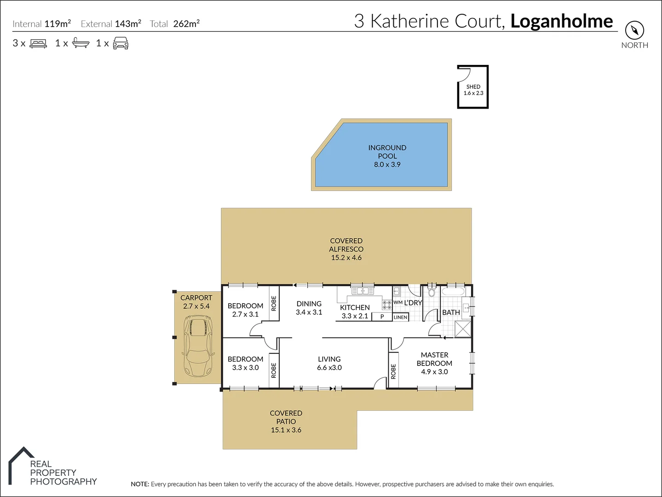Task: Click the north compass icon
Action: (634, 31)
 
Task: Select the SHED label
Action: (473, 87)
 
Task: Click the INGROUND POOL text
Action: (387, 152)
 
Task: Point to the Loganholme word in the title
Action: (561, 21)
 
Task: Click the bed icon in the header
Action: (38, 43)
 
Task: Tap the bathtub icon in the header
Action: (81, 43)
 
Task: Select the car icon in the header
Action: (121, 43)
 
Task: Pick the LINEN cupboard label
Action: (400, 318)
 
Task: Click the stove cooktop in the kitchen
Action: (386, 304)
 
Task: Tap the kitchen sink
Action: (363, 291)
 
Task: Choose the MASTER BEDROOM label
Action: (434, 359)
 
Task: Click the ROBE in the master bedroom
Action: (393, 371)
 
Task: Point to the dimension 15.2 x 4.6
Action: (346, 258)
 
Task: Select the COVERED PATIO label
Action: (286, 417)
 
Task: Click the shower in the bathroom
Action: (462, 329)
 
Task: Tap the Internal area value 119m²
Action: (58, 24)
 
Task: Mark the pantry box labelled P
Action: (382, 317)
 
